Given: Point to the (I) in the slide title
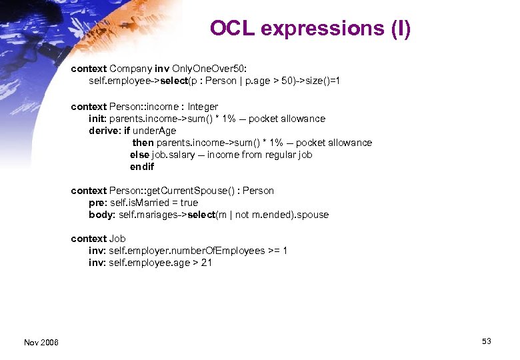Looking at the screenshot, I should pyautogui.click(x=398, y=29).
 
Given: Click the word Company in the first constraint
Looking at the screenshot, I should pyautogui.click(x=131, y=69).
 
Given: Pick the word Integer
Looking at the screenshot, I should pyautogui.click(x=203, y=107).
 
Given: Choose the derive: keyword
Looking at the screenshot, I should pyautogui.click(x=105, y=131).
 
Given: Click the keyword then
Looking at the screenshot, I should pyautogui.click(x=143, y=143).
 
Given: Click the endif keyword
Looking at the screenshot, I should pyautogui.click(x=142, y=167).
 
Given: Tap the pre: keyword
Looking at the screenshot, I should pyautogui.click(x=98, y=203).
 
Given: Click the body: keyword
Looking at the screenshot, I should pyautogui.click(x=102, y=215).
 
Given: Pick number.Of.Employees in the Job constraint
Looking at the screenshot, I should pyautogui.click(x=221, y=251).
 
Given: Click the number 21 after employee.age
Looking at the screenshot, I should pyautogui.click(x=207, y=263).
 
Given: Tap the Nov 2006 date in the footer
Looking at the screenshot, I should pyautogui.click(x=41, y=342).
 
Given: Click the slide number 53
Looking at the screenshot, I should pyautogui.click(x=487, y=341).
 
